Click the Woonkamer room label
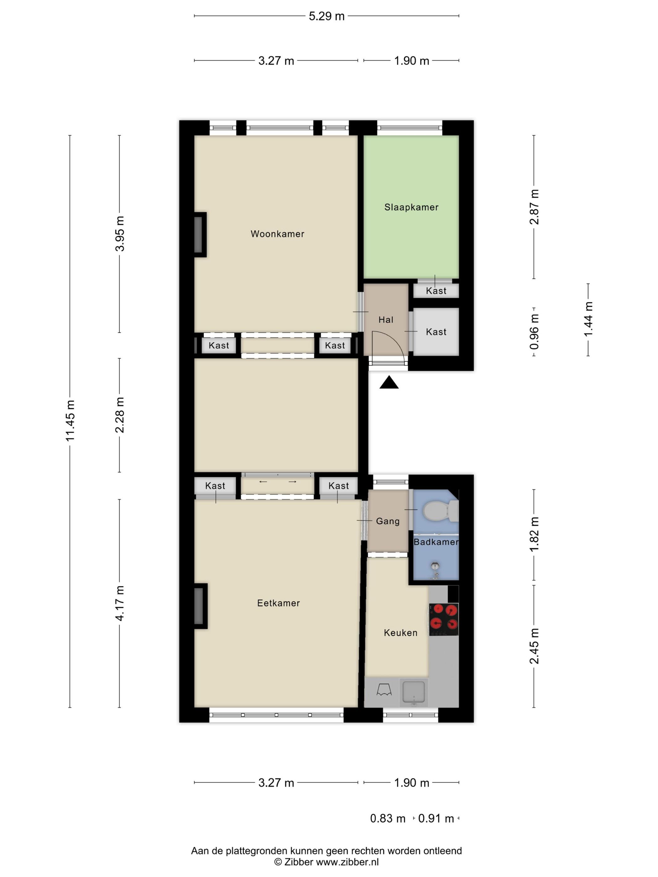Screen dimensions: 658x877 tap(277, 234)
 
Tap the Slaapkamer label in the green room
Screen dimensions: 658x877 tap(411, 207)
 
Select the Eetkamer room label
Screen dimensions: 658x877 tap(279, 603)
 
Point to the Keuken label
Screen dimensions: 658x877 tap(400, 633)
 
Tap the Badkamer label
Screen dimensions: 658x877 tap(436, 542)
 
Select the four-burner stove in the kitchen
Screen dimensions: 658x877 tap(444, 620)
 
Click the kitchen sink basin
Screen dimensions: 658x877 tap(414, 692)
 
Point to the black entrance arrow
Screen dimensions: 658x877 tap(389, 382)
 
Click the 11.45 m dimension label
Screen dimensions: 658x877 tap(70, 421)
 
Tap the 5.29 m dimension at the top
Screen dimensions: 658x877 tap(327, 16)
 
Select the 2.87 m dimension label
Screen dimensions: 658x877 tap(534, 207)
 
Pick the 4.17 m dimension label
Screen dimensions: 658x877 tap(120, 603)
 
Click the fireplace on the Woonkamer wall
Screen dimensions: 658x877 tap(200, 235)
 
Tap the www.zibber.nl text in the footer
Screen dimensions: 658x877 tap(347, 862)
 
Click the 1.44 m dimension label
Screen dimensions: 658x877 tap(588, 319)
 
